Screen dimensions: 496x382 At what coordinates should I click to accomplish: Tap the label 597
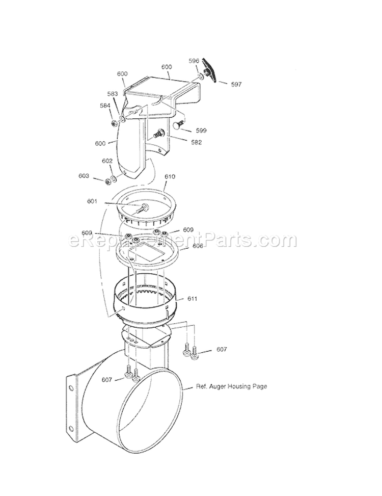(236, 85)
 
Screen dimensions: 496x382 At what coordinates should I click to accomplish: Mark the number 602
(107, 161)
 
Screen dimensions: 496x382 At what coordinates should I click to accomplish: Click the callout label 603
(84, 176)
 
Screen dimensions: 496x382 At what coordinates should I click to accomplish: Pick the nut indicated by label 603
(108, 180)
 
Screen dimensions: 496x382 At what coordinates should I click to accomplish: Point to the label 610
(170, 177)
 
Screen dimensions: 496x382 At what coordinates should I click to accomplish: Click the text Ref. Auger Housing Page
(231, 386)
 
